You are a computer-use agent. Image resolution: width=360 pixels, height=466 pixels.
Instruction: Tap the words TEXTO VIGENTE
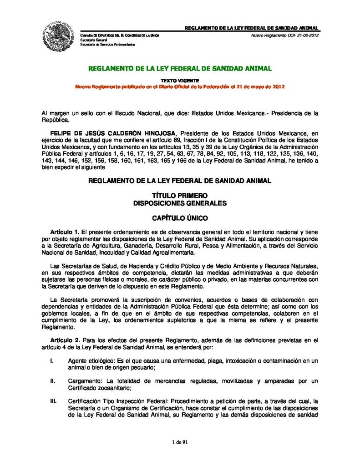tap(180, 81)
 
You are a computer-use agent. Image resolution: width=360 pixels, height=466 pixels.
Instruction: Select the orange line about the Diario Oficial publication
tap(180, 86)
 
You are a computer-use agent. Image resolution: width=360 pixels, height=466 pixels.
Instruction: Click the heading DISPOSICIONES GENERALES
tap(180, 203)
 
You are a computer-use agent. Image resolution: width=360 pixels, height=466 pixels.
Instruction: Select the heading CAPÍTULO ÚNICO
tap(180, 218)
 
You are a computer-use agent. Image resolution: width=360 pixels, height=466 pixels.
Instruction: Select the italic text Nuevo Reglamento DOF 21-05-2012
tap(284, 35)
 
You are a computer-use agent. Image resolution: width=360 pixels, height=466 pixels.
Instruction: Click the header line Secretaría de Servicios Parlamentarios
tap(107, 45)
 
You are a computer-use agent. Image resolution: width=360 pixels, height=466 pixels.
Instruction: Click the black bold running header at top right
tap(251, 28)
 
